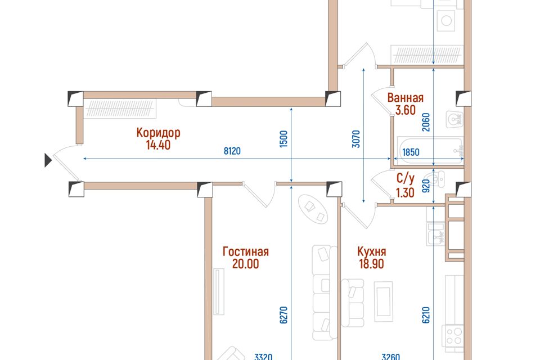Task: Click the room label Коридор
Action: [158, 133]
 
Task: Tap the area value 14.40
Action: [158, 145]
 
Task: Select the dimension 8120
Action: [232, 151]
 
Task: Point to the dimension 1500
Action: [283, 139]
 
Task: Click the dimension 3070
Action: [356, 139]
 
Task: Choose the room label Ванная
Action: [406, 98]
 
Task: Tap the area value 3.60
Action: [406, 110]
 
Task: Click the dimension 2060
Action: [426, 122]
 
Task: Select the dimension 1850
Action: [411, 152]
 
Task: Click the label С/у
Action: [406, 179]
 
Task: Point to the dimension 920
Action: [426, 186]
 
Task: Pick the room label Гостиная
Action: [246, 251]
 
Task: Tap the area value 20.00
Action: [246, 264]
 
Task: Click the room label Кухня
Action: [372, 251]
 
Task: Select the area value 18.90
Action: [372, 264]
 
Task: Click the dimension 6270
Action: [283, 315]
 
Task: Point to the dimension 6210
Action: [426, 315]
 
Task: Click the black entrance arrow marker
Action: [48, 160]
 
